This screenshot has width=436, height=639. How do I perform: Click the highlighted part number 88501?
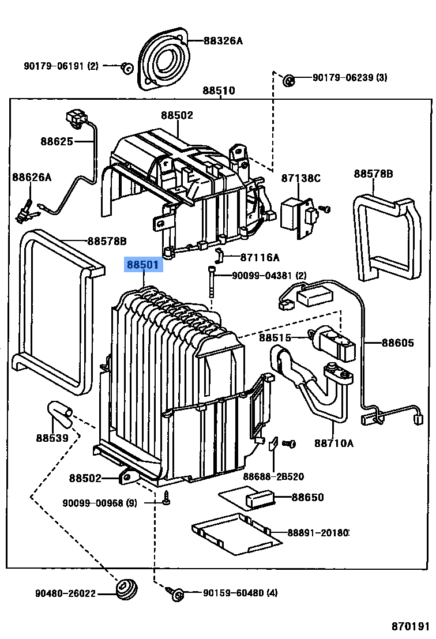[143, 265]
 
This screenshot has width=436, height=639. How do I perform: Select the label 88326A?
[223, 40]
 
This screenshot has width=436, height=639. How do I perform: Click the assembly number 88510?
[219, 91]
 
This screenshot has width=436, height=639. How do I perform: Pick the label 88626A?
[32, 178]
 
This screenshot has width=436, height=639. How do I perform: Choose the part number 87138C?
[300, 178]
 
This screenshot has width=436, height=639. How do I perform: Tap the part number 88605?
[397, 343]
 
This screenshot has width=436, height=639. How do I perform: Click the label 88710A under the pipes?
[333, 443]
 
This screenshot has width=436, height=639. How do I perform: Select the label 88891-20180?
[318, 532]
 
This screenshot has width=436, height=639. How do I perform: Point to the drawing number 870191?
[411, 626]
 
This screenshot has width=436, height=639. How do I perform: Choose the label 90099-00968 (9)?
[100, 503]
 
